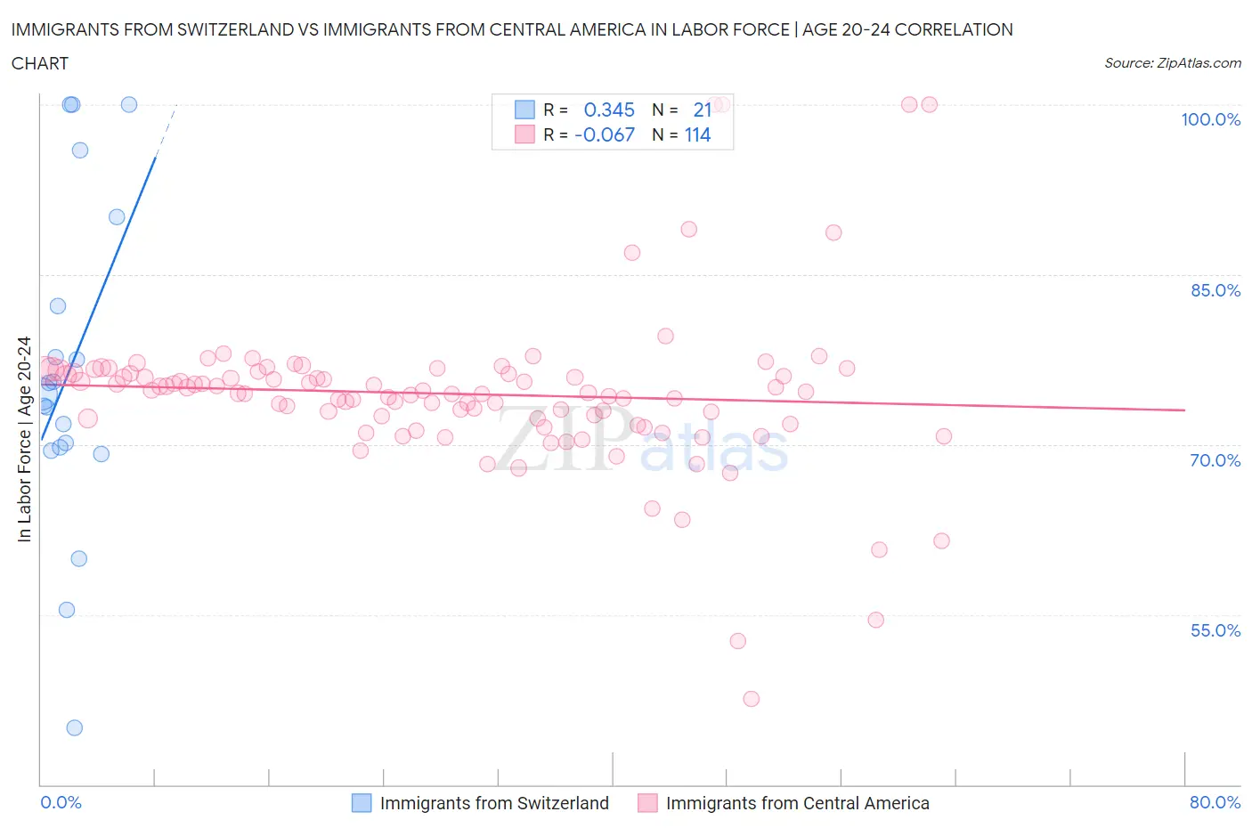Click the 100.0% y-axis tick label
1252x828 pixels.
(x=1210, y=119)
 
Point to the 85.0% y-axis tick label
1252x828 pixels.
(x=1215, y=290)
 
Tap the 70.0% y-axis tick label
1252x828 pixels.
(x=1215, y=460)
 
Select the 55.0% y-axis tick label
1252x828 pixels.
(x=1215, y=630)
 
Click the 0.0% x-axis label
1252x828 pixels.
(x=61, y=802)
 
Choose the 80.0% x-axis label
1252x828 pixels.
(x=1215, y=802)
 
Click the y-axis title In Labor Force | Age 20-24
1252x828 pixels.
(x=24, y=439)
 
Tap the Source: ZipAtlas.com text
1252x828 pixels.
(x=1172, y=62)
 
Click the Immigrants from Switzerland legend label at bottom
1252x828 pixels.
(x=494, y=803)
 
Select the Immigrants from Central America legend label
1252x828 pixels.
(x=797, y=803)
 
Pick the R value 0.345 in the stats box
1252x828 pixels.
(x=609, y=110)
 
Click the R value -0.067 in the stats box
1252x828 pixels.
(x=605, y=134)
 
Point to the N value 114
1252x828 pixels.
(x=697, y=134)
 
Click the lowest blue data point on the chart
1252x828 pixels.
(x=75, y=727)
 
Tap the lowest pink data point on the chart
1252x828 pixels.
(x=751, y=699)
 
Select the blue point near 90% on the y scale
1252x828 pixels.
(x=117, y=217)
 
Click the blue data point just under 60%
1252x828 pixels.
(x=78, y=558)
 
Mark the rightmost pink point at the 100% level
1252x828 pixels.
(x=929, y=104)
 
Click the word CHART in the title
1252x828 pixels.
(x=40, y=63)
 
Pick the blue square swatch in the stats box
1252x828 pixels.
(x=524, y=110)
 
